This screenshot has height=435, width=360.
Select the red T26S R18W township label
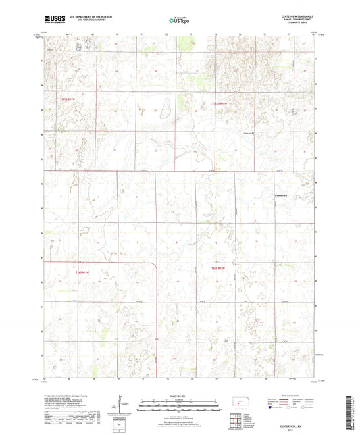click(213, 269)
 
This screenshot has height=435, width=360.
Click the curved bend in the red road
click(155, 266)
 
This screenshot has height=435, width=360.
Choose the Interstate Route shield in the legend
click(271, 407)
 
